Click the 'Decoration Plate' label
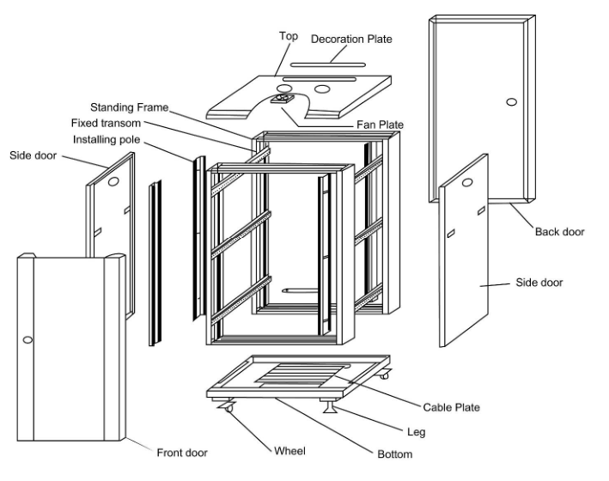[x=351, y=40]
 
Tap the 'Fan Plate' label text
[x=381, y=125]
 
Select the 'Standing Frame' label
[x=130, y=108]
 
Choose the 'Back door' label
[x=560, y=231]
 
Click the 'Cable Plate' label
[x=451, y=407]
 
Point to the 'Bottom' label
[x=394, y=454]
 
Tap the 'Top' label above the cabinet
[x=289, y=36]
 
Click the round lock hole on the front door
[x=27, y=341]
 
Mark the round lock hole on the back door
[x=512, y=102]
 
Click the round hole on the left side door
[x=114, y=181]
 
